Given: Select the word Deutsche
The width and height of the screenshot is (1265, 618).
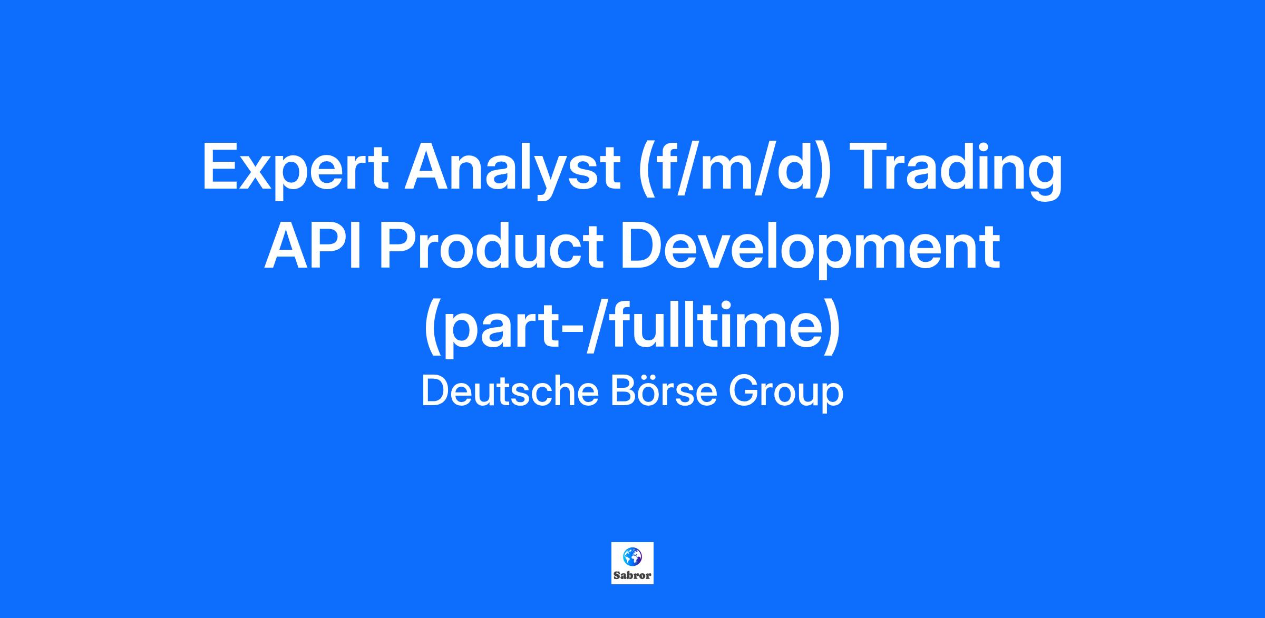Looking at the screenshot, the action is pyautogui.click(x=510, y=391).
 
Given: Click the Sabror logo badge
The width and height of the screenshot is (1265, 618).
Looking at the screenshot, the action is pyautogui.click(x=632, y=563).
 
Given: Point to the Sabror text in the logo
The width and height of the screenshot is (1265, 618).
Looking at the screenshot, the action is pyautogui.click(x=632, y=576).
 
